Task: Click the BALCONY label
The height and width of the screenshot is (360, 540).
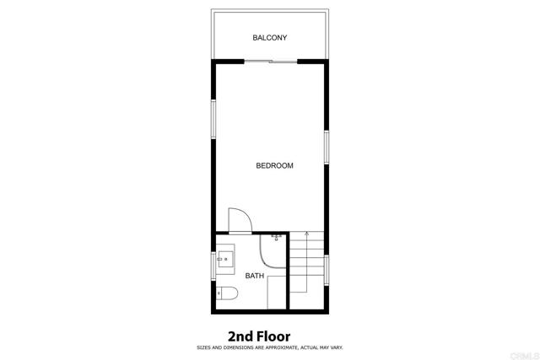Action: tap(270, 37)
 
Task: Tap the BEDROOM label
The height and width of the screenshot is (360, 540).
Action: tap(274, 165)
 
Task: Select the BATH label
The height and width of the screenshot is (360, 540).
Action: tap(255, 276)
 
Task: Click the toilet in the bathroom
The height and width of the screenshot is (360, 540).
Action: tap(227, 293)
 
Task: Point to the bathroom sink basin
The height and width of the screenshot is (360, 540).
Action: tap(225, 259)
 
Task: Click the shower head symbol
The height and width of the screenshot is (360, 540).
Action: tap(276, 237)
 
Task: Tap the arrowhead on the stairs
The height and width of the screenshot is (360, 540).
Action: tap(306, 234)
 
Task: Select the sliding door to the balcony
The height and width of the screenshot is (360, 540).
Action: tap(271, 62)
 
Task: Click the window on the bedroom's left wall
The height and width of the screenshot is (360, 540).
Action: tap(213, 119)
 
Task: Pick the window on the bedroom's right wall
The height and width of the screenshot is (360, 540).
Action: tap(327, 147)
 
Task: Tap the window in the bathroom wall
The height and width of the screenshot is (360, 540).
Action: tap(213, 266)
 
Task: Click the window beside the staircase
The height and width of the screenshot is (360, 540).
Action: tap(327, 270)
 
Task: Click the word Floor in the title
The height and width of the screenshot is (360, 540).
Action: tap(273, 336)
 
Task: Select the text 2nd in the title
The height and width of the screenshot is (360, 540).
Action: tap(240, 336)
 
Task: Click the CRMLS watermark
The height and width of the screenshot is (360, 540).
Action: tap(525, 356)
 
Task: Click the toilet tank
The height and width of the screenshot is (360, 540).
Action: tap(219, 293)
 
